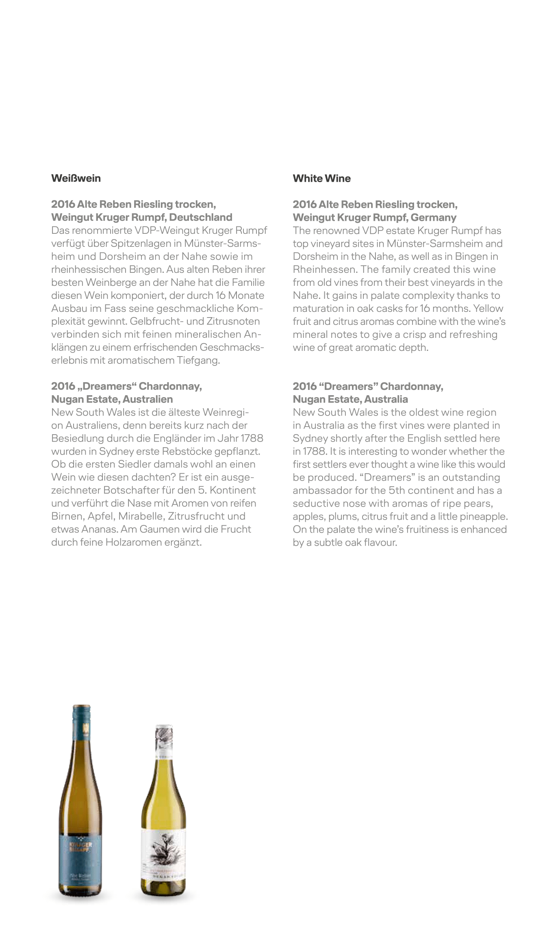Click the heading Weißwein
coord(76,178)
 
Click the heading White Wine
coord(321,178)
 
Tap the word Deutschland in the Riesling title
coord(200,217)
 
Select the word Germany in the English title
coord(433,217)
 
